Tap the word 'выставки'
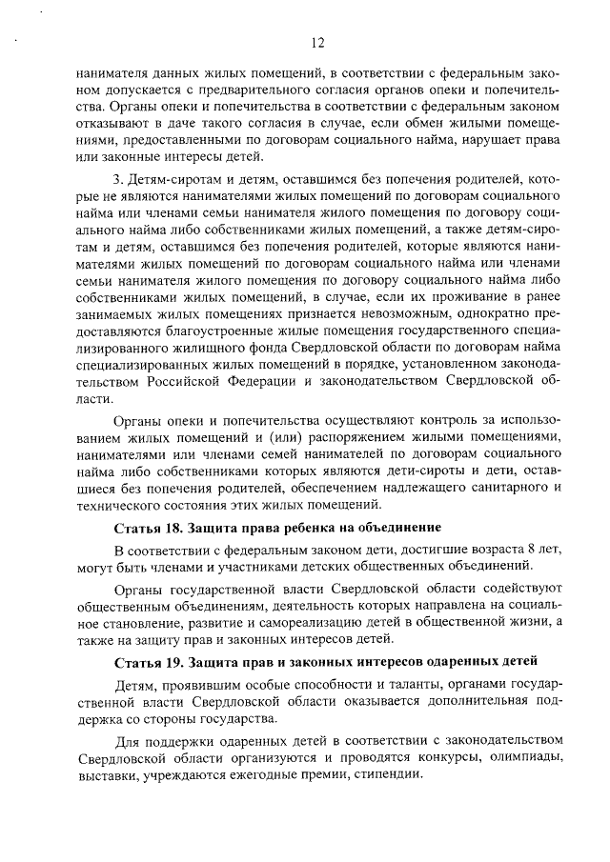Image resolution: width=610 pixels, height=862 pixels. (106, 777)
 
